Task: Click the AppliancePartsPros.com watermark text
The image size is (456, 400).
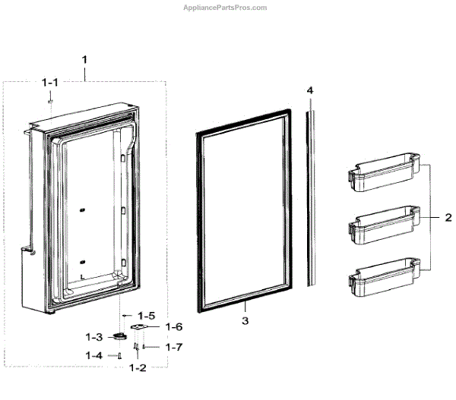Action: pos(226,8)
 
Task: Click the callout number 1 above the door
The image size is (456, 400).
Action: pos(85,59)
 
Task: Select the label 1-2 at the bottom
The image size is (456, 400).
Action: pos(137,367)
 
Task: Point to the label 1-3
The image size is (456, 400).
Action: pos(94,336)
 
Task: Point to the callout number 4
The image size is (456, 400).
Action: pos(310,90)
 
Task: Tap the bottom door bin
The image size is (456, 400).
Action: pos(383,280)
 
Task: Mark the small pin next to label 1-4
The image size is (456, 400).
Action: pos(119,354)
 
